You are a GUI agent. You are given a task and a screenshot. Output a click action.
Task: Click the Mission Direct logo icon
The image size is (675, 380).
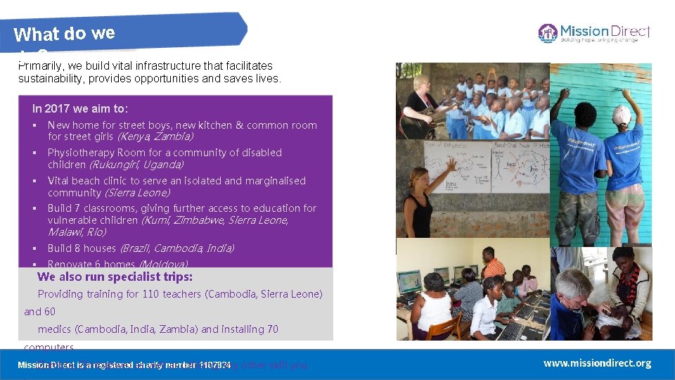coord(548,32)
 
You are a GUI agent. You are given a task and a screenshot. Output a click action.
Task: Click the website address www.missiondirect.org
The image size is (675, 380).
coord(597,363)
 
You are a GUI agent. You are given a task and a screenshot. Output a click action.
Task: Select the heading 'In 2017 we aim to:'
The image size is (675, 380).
coord(80,108)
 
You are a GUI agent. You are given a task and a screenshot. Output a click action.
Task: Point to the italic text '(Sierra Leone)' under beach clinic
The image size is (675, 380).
coord(137,193)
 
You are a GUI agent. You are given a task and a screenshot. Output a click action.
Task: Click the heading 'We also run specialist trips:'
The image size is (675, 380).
coord(115,277)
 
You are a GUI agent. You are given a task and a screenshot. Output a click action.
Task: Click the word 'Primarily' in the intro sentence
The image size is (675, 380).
coord(38,65)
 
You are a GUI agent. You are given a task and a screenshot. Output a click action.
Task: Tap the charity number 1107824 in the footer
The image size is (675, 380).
coord(214,365)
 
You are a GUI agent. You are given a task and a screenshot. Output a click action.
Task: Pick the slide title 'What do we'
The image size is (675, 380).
coord(64,33)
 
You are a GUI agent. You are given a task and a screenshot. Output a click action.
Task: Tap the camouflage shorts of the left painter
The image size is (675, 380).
coord(577,214)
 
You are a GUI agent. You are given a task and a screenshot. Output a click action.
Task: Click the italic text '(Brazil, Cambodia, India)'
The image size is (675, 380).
coord(176,248)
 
